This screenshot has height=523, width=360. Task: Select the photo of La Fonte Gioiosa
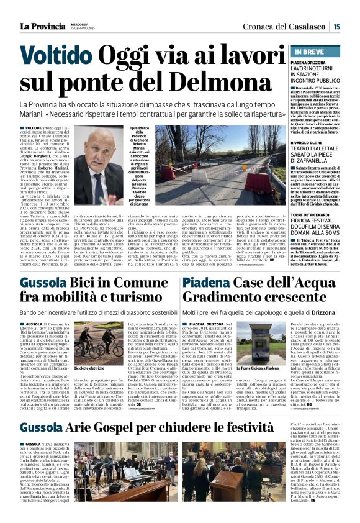(256, 352)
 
